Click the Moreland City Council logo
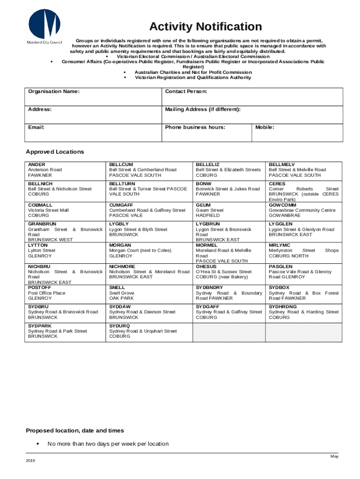tap(44, 26)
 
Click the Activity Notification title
tap(205, 27)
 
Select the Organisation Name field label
tap(54, 91)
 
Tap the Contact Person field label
tap(186, 91)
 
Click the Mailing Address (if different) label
tap(203, 109)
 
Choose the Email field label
tap(36, 127)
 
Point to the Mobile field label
tap(265, 127)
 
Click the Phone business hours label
tap(195, 127)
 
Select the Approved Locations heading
tap(55, 152)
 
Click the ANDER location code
tap(36, 165)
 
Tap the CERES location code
tap(277, 184)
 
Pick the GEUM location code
tap(203, 205)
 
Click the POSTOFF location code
tap(39, 288)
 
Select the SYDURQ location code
tap(120, 326)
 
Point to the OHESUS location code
tap(206, 267)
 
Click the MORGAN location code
tap(120, 245)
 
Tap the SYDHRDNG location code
tap(283, 306)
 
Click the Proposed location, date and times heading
tap(75, 430)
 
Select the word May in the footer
tap(334, 456)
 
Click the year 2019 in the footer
tap(30, 461)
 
